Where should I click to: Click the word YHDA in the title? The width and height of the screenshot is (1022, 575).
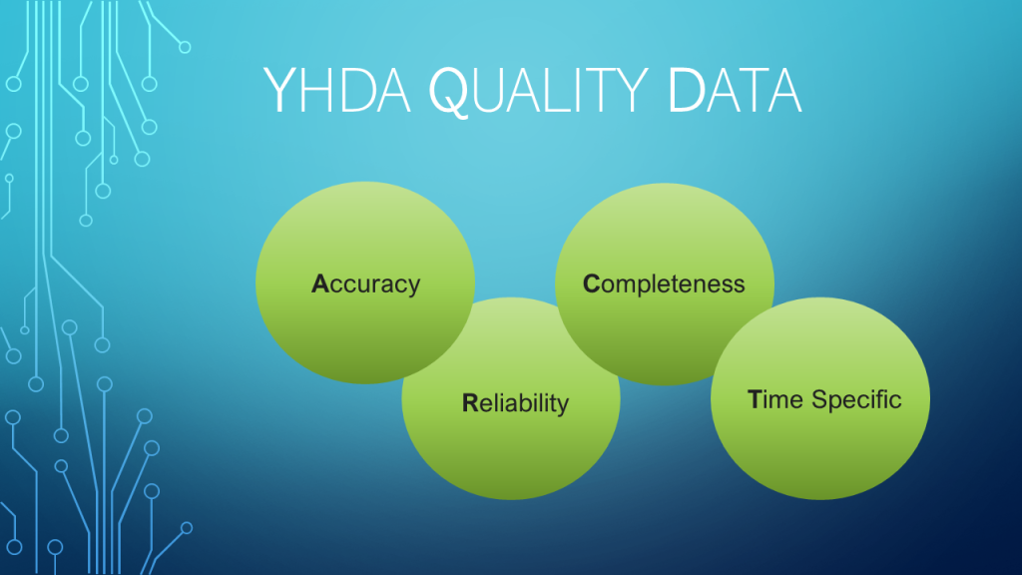pyautogui.click(x=337, y=90)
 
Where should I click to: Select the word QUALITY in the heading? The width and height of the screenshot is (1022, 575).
pyautogui.click(x=538, y=91)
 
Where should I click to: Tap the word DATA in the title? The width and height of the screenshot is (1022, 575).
pyautogui.click(x=735, y=90)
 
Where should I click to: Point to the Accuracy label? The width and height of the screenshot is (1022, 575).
pyautogui.click(x=365, y=285)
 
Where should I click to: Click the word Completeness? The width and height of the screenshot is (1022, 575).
pyautogui.click(x=664, y=285)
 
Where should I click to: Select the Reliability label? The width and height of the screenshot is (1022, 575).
pyautogui.click(x=516, y=403)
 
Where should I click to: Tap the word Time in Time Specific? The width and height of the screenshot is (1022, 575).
pyautogui.click(x=774, y=399)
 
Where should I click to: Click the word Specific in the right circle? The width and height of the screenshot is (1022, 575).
pyautogui.click(x=856, y=400)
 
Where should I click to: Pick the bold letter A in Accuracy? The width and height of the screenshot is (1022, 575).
pyautogui.click(x=320, y=284)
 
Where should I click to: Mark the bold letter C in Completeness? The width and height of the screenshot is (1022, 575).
pyautogui.click(x=591, y=284)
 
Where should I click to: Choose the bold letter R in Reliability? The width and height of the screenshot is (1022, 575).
pyautogui.click(x=470, y=403)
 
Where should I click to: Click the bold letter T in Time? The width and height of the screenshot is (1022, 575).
pyautogui.click(x=755, y=399)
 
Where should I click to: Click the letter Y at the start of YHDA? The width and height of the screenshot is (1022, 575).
pyautogui.click(x=280, y=91)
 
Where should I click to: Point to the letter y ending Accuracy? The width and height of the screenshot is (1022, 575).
pyautogui.click(x=413, y=287)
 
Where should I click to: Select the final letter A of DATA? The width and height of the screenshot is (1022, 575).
pyautogui.click(x=782, y=91)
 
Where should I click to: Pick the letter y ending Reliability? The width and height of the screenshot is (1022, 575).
pyautogui.click(x=562, y=407)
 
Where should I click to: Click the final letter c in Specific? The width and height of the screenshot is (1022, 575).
pyautogui.click(x=895, y=402)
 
